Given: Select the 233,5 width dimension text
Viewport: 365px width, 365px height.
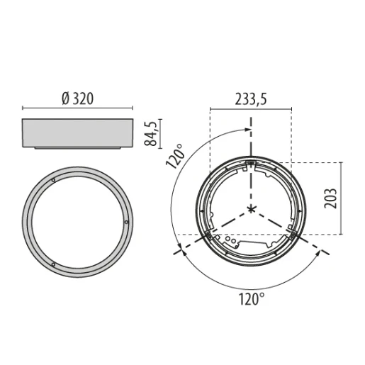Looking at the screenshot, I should click(250, 100).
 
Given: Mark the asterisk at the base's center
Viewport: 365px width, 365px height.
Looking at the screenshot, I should click(251, 209).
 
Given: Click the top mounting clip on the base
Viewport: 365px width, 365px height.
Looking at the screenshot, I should click(251, 164).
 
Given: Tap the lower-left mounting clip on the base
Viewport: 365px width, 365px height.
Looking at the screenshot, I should click(208, 235).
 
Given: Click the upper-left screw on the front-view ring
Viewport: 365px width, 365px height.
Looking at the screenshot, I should click(55, 180).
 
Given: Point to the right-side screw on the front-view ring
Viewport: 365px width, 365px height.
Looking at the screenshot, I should click(126, 223).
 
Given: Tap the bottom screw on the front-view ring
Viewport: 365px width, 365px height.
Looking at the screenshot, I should click(53, 263).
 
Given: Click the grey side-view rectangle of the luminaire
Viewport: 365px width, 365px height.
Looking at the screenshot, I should click(77, 133).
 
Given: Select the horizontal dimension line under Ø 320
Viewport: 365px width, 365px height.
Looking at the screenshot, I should click(77, 108).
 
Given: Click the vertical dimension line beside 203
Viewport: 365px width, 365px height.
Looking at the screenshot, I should click(342, 198).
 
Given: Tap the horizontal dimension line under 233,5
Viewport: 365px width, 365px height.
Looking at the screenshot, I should click(250, 109).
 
